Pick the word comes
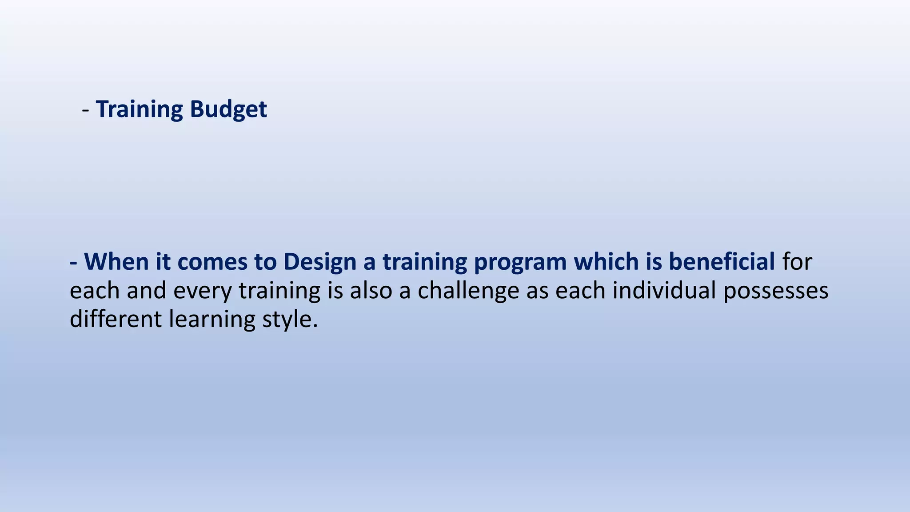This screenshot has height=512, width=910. [x=212, y=262]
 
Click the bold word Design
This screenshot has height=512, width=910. [x=320, y=262]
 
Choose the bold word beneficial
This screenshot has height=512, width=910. [x=722, y=261]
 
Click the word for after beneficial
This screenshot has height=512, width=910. [x=797, y=261]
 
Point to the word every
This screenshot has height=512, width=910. [x=202, y=291]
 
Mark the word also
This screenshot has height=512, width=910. [x=371, y=290]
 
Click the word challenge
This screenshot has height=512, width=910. [x=468, y=291]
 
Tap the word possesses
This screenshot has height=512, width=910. [x=776, y=291]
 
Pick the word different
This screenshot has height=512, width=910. [x=116, y=319]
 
